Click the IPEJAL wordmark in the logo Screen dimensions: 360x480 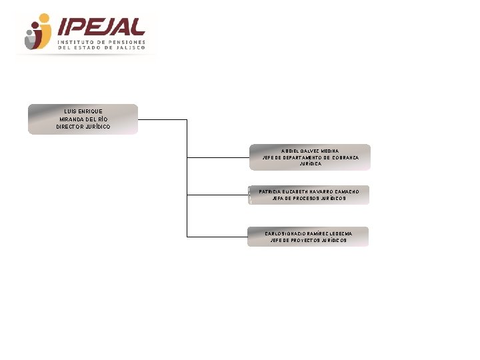click(x=101, y=26)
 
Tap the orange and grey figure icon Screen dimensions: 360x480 click(x=38, y=32)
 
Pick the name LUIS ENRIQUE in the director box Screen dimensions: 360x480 click(x=83, y=111)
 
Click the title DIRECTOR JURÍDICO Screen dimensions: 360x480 click(x=83, y=127)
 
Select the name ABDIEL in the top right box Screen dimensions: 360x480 click(x=291, y=151)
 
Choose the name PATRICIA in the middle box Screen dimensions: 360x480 click(x=270, y=192)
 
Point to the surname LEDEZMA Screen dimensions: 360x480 click(x=340, y=234)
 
